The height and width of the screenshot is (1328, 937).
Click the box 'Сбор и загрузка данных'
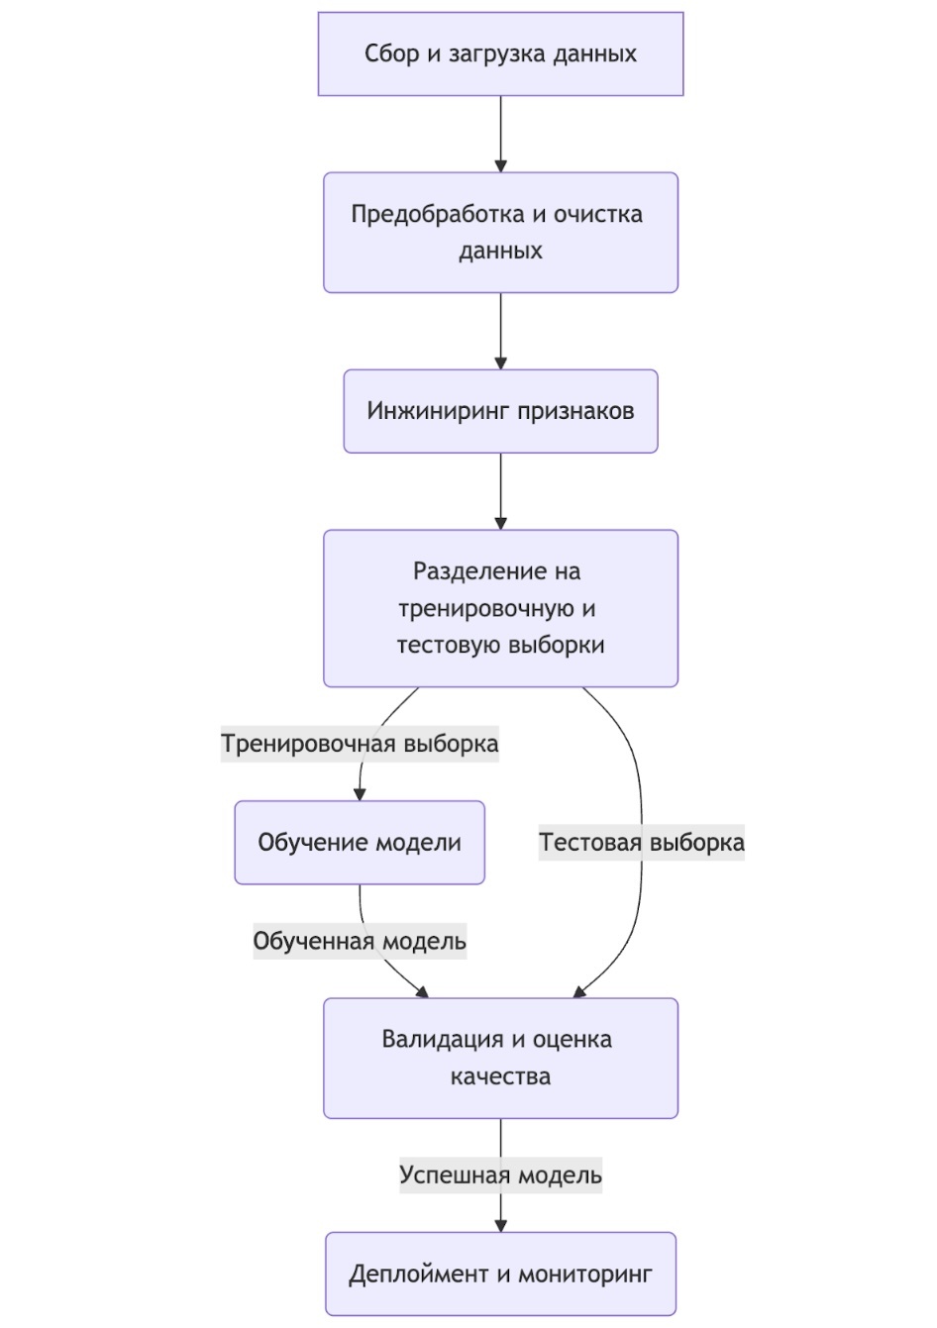(x=500, y=54)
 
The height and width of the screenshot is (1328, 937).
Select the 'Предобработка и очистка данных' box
(x=500, y=233)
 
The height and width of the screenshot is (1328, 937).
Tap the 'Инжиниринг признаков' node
(x=500, y=411)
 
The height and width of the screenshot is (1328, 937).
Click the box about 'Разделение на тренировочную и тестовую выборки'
(x=500, y=608)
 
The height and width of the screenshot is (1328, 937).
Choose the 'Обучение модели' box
(x=360, y=843)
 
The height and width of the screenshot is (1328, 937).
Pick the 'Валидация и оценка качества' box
(x=500, y=1058)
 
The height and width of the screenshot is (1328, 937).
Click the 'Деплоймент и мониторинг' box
(x=500, y=1274)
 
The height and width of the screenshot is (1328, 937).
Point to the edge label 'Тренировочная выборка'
(x=360, y=744)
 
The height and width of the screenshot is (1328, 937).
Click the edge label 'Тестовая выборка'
(x=641, y=843)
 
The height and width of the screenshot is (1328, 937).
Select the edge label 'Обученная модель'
(x=360, y=941)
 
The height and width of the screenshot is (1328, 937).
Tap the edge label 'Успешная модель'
(x=500, y=1175)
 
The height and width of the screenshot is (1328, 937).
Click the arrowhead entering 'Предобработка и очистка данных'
(x=500, y=165)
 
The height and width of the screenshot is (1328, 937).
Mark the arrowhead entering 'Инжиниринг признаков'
(x=500, y=362)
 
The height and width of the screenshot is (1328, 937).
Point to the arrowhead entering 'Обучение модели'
(x=360, y=793)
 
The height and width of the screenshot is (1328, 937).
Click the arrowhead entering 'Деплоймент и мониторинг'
(x=500, y=1225)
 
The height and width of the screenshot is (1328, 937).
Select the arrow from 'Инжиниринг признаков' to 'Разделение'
(x=500, y=490)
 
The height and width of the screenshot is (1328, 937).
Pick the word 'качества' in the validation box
(x=500, y=1076)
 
